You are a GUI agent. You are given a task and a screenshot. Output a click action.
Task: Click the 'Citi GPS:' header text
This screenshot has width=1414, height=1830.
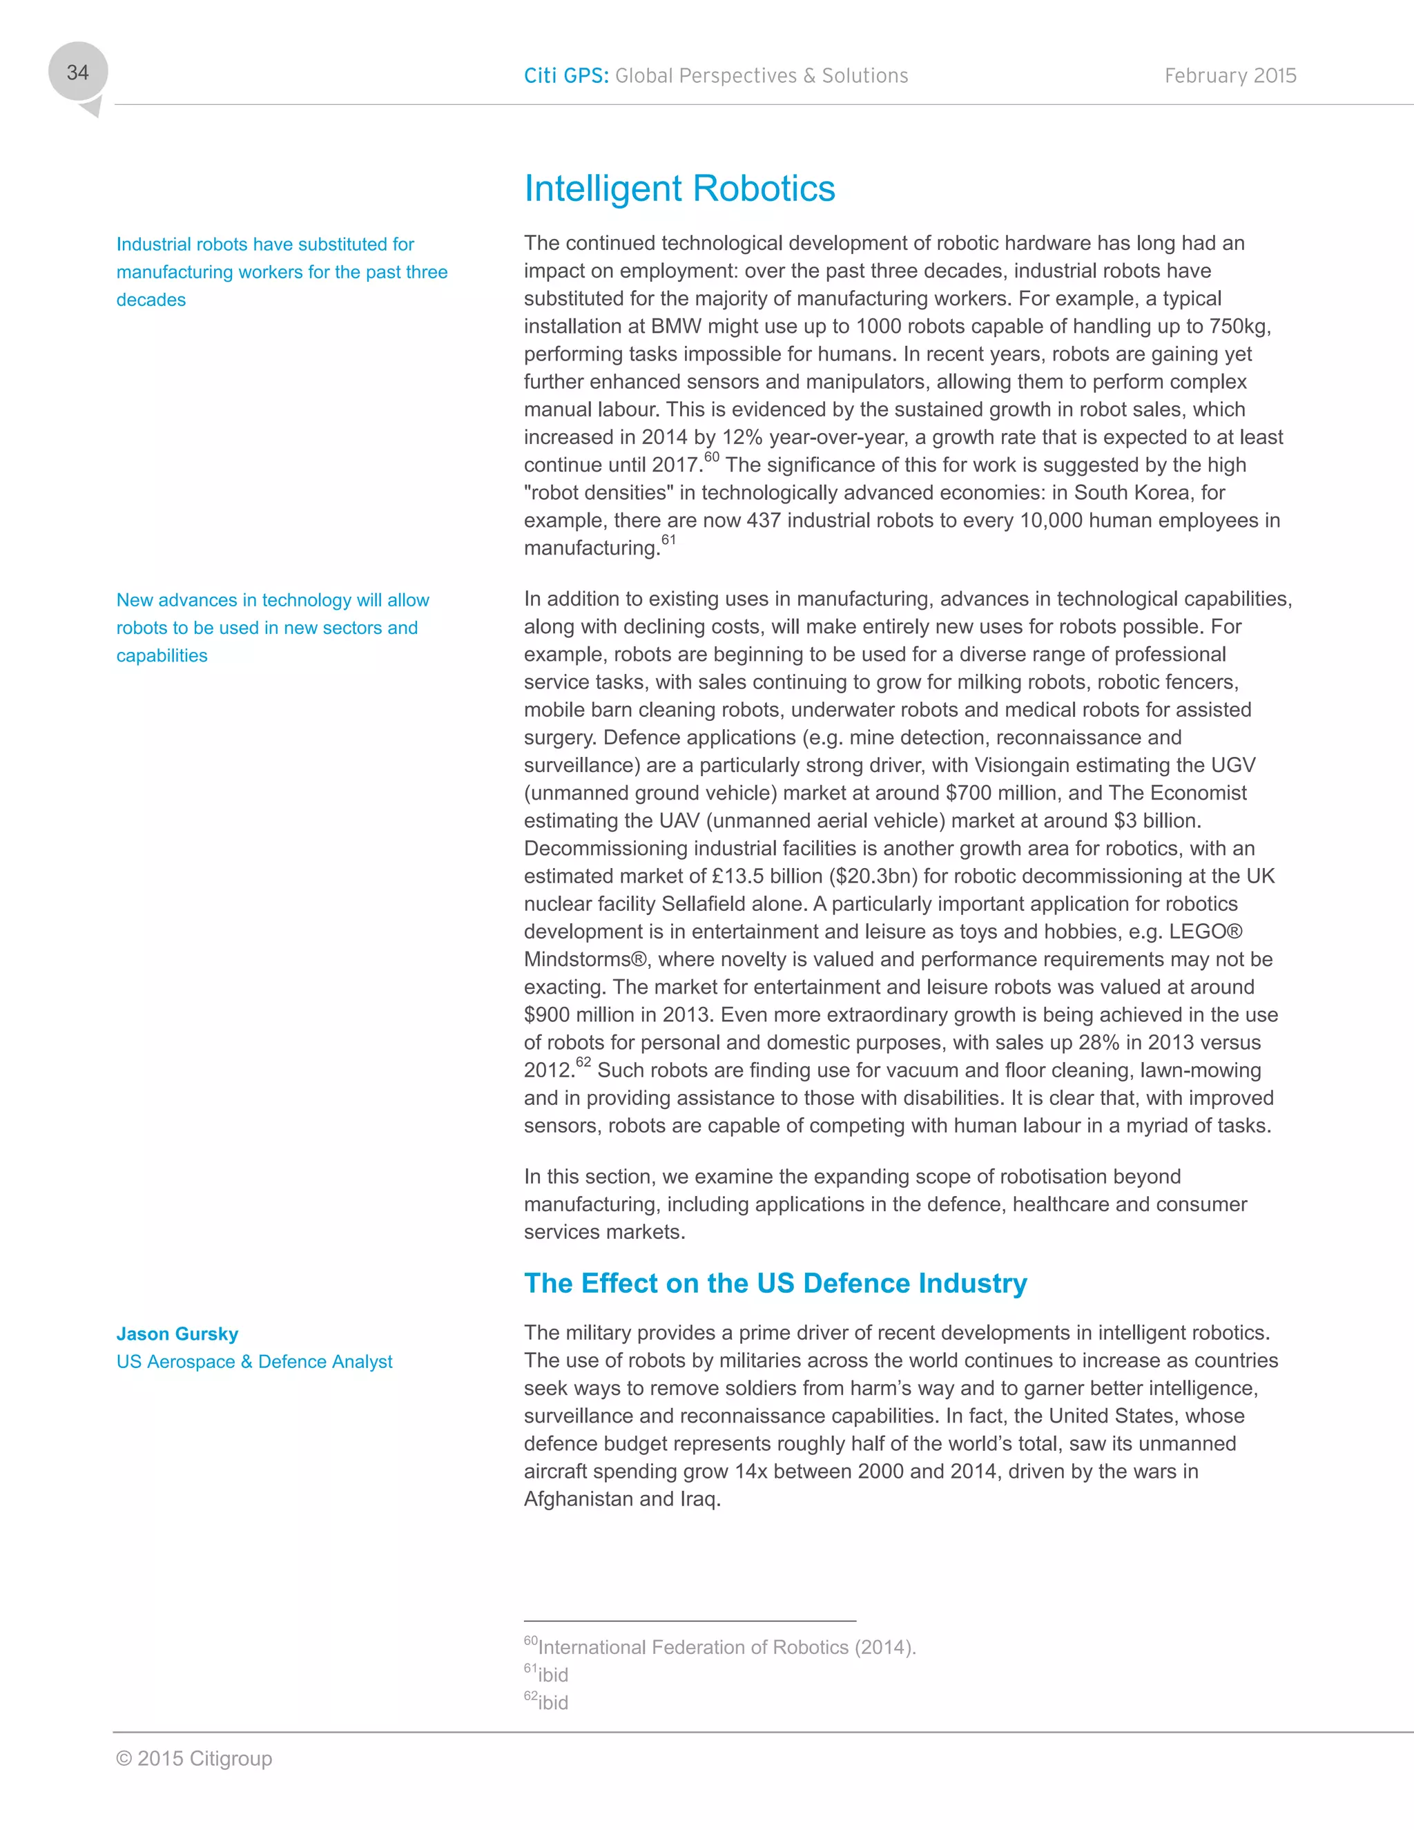[x=566, y=76]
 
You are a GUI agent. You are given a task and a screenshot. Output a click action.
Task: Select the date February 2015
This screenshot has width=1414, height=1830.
[x=1230, y=76]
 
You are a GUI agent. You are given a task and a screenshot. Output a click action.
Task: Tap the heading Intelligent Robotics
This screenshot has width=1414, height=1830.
[x=679, y=189]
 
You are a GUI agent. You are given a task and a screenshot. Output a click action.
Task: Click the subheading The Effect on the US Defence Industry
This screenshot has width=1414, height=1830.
[x=775, y=1283]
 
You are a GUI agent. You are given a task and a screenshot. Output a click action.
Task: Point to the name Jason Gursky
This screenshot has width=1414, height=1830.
[x=177, y=1334]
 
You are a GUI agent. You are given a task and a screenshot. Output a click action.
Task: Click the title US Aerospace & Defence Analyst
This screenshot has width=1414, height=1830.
[x=254, y=1362]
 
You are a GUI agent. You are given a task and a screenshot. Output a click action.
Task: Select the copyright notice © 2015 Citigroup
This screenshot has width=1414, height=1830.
[x=194, y=1759]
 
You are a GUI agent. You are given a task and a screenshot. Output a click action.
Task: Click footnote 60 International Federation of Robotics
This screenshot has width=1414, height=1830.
[x=720, y=1646]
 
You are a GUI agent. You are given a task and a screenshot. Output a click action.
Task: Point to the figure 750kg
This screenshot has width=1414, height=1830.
[x=1239, y=327]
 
